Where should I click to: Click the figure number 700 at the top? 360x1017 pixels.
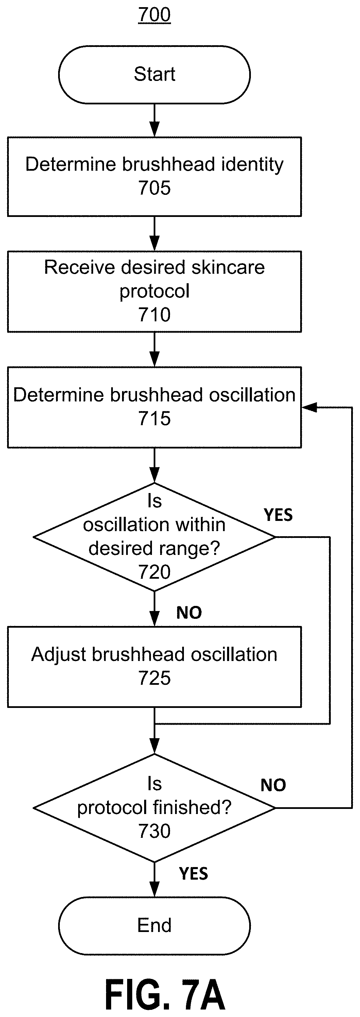coord(154,15)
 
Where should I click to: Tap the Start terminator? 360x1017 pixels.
coord(154,74)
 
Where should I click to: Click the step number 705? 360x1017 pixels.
coord(154,188)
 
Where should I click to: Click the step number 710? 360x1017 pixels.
coord(154,315)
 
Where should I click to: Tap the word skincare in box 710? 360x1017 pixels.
coord(228,267)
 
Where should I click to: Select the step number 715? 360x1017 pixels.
coord(154,419)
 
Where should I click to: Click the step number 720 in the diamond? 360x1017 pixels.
coord(154,572)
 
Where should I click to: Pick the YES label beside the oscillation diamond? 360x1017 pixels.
coord(278,515)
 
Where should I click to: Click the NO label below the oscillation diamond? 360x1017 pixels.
coord(189,613)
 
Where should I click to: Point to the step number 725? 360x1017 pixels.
coord(154,678)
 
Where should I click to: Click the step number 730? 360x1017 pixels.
coord(154,831)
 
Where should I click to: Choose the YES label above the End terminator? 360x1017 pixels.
coord(193,874)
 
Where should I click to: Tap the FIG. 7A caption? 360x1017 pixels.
coord(165,995)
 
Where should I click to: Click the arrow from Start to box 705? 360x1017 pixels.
coord(154,120)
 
